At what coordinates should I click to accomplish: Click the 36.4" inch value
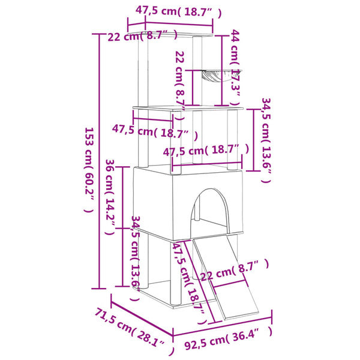coord(248,332)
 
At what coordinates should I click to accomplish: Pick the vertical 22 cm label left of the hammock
coord(179,77)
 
